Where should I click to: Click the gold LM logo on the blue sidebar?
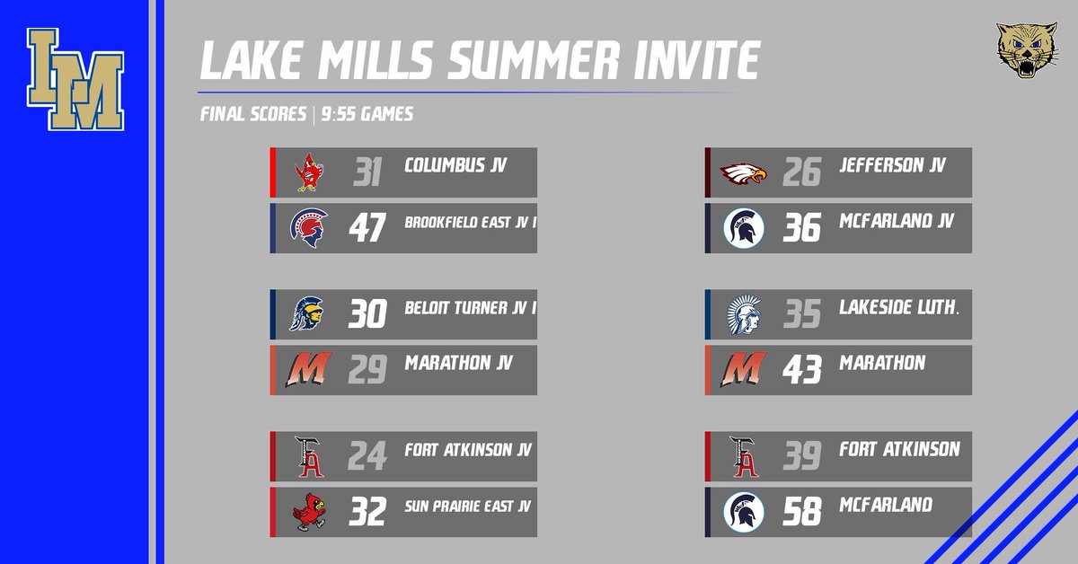click(75, 80)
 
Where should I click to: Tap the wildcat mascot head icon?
click(1023, 50)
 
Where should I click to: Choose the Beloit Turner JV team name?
click(468, 307)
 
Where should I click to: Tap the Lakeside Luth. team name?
click(898, 307)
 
